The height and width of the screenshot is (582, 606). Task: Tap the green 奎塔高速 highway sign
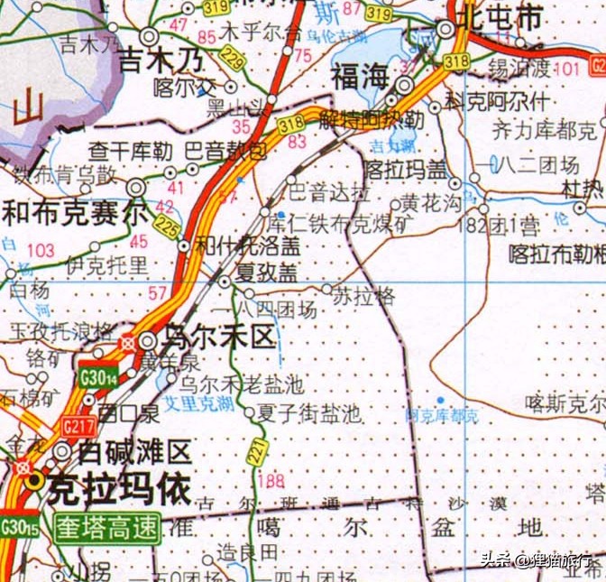106,527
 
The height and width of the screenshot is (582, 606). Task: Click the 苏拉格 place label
364,295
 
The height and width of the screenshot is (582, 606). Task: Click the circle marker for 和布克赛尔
136,188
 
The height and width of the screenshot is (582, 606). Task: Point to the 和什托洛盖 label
236,244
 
